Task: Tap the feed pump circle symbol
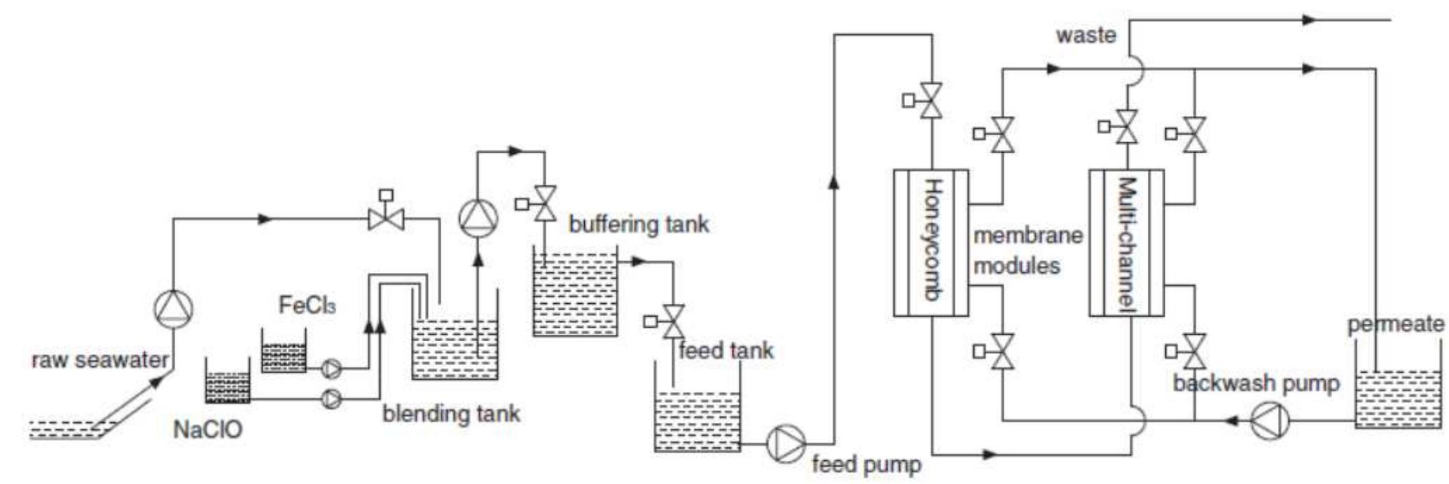point(785,443)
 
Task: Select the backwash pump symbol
point(1270,421)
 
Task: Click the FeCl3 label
point(307,305)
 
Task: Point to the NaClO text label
point(208,429)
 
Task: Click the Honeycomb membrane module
point(931,242)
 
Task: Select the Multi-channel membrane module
point(1126,242)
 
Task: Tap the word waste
point(1086,35)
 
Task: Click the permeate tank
point(1398,398)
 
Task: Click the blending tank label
point(451,413)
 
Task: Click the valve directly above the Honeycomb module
point(932,101)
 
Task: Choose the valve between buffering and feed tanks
point(673,321)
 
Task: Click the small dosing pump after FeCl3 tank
point(331,368)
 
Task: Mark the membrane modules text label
point(1027,250)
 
